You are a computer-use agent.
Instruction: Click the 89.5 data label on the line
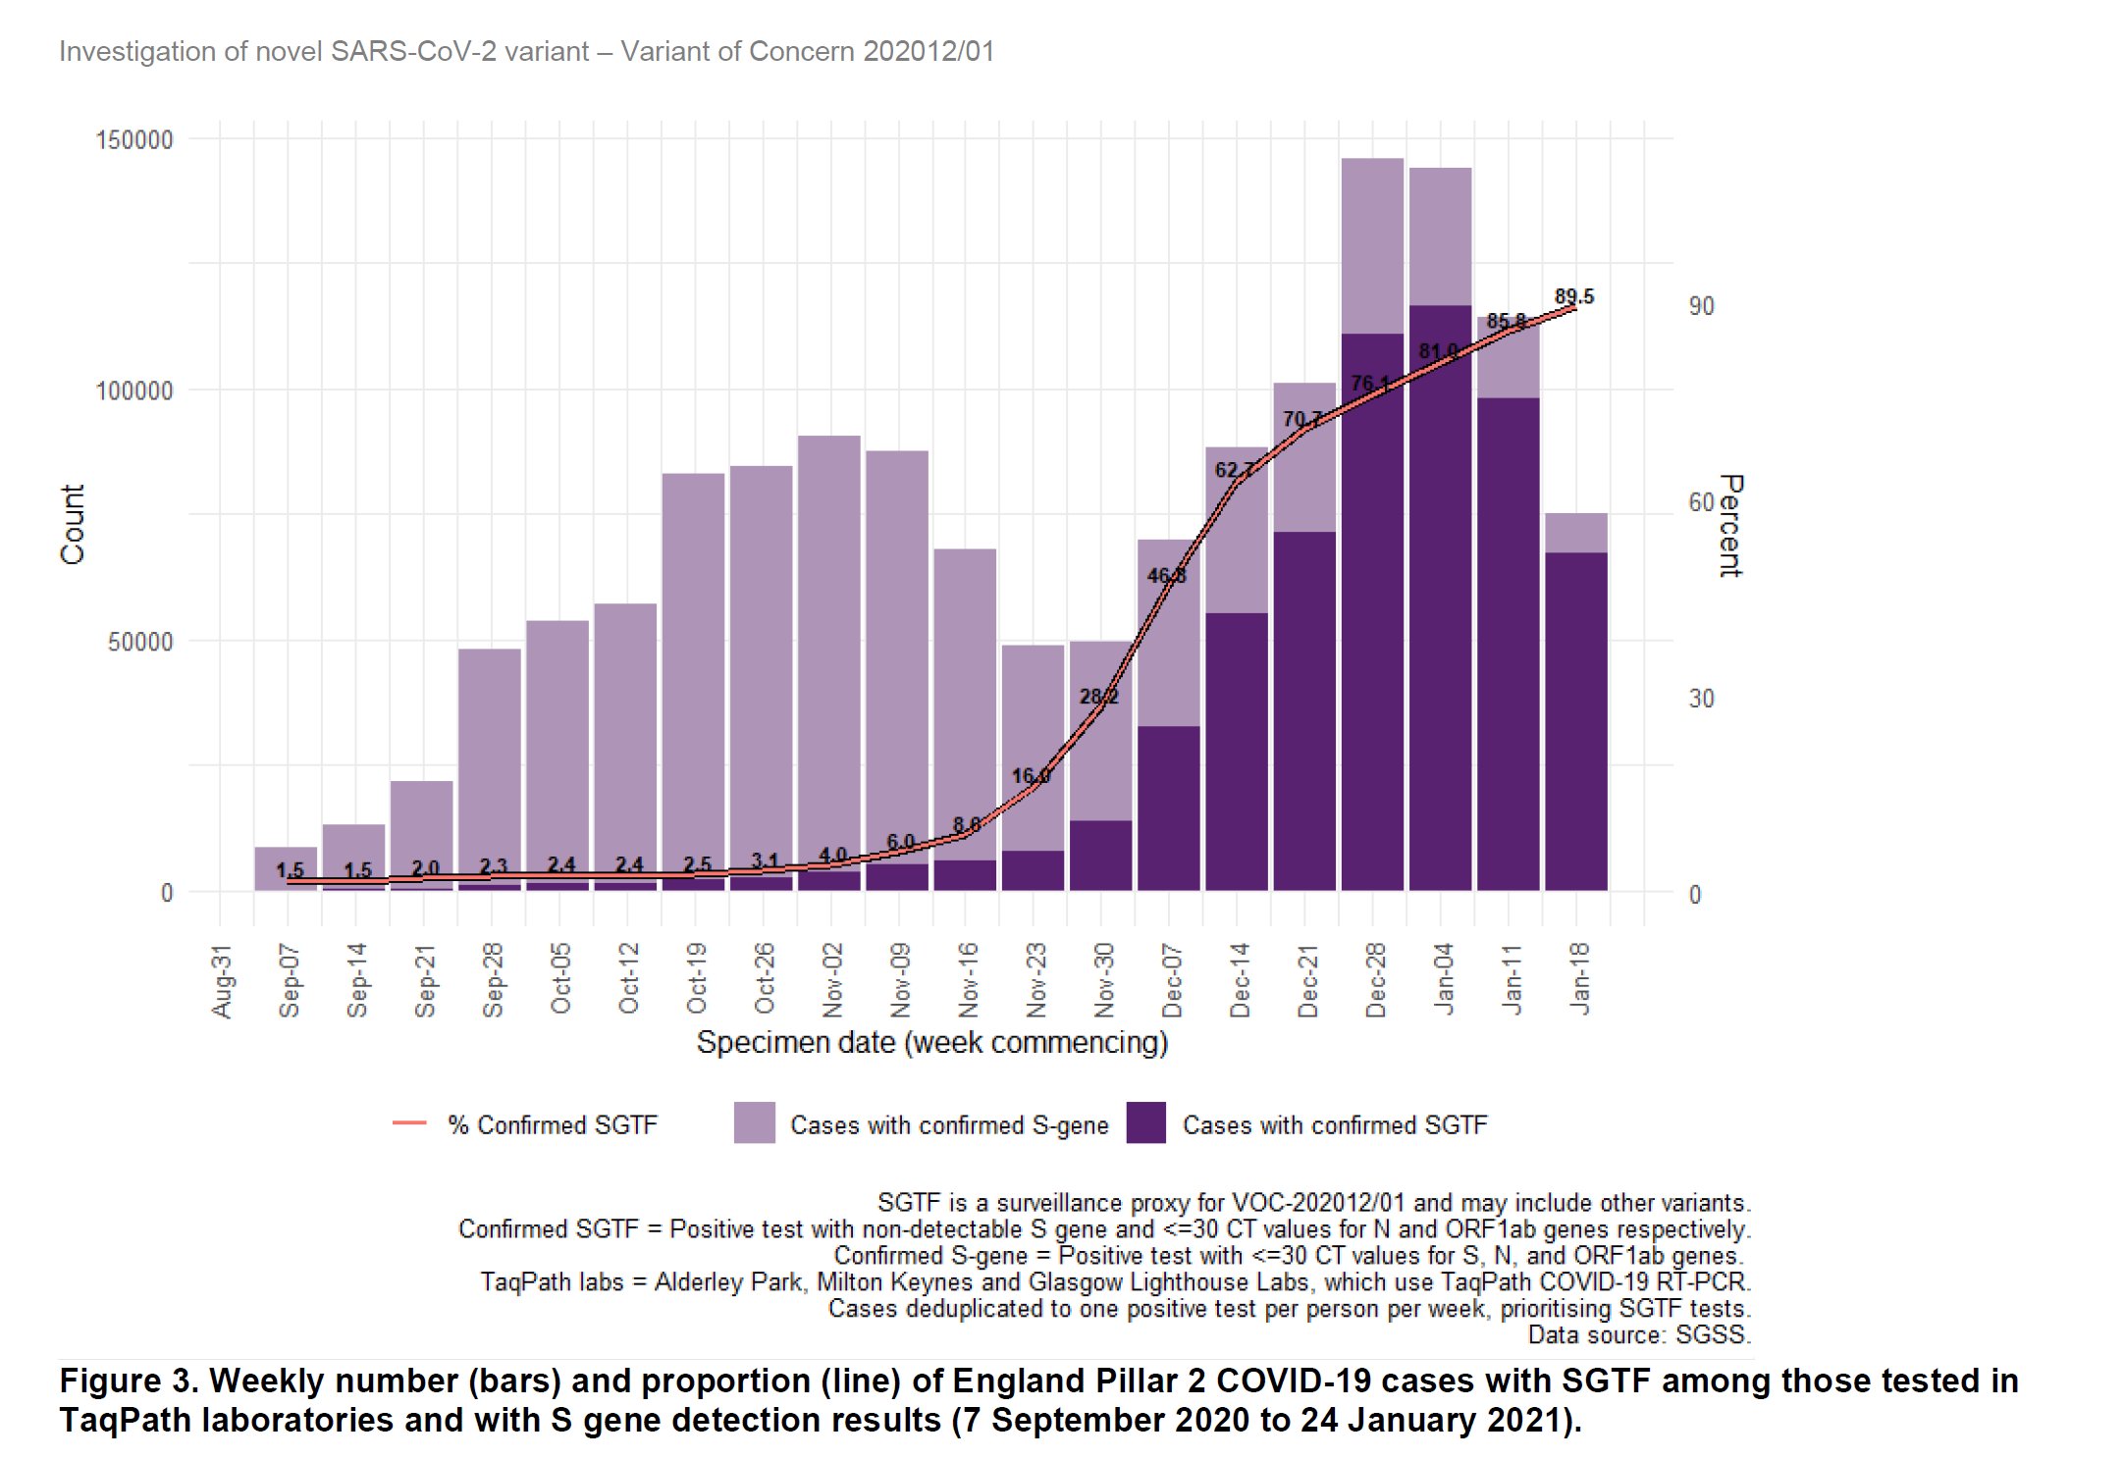1573,296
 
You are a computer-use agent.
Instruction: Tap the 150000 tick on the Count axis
134,139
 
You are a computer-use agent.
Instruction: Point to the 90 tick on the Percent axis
1701,306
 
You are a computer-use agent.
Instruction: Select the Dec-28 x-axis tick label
1375,979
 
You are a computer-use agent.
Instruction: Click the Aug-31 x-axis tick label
222,980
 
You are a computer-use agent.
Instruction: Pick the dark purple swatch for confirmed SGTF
1145,1123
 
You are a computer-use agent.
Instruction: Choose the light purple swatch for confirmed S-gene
754,1123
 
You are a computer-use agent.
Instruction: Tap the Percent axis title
1730,526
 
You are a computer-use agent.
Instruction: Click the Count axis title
73,524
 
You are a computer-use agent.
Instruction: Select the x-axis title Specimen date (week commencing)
931,1042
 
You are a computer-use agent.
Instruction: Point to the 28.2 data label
1098,697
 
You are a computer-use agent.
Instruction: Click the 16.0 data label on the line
1031,776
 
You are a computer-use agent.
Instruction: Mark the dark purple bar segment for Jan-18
1575,721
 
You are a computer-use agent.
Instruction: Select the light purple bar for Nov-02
829,648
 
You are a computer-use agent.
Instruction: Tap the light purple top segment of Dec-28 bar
1372,245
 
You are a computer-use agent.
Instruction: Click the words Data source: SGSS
1638,1334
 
